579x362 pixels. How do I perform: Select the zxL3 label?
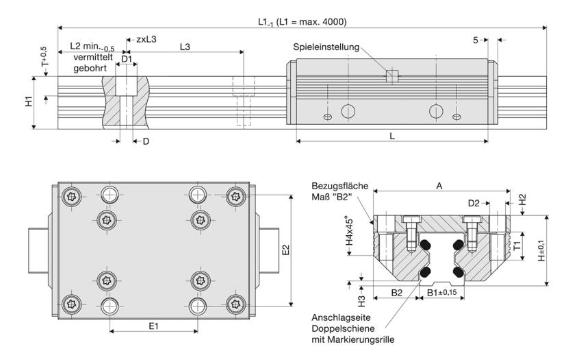click(146, 39)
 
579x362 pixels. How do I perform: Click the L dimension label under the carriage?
click(391, 136)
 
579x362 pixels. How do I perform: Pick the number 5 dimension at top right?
click(476, 40)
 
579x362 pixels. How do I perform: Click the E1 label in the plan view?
click(154, 326)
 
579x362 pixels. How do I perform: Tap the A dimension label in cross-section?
click(439, 185)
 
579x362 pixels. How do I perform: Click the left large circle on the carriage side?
click(348, 110)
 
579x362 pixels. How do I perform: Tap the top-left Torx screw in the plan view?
click(72, 196)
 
